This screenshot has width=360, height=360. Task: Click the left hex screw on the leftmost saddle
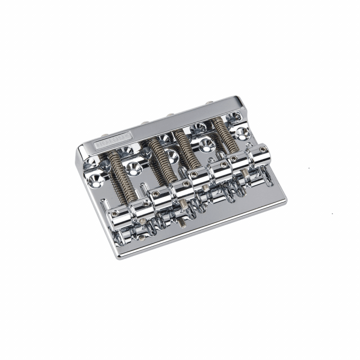coord(115,213)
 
